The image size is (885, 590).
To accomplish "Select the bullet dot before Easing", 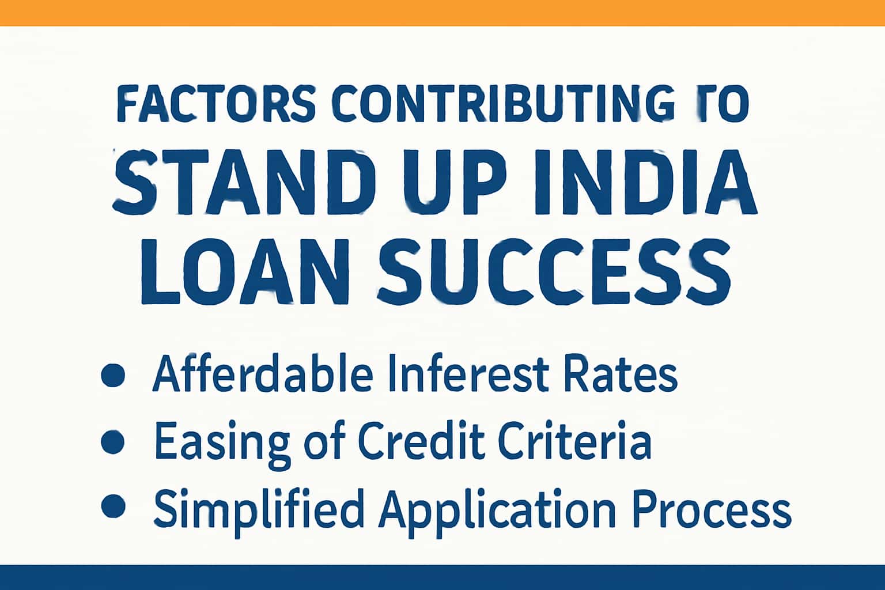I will (112, 442).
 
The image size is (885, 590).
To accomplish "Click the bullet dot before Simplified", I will (112, 506).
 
